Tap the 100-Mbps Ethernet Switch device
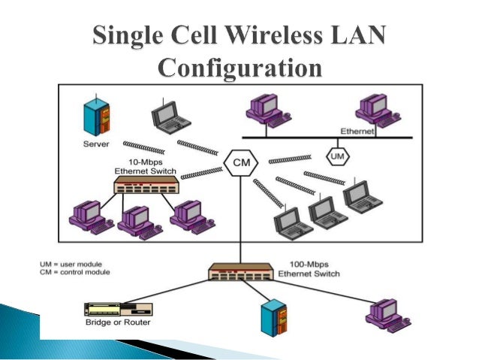(239, 271)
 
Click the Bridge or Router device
(119, 309)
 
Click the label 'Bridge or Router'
(119, 323)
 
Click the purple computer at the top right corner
(374, 109)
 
